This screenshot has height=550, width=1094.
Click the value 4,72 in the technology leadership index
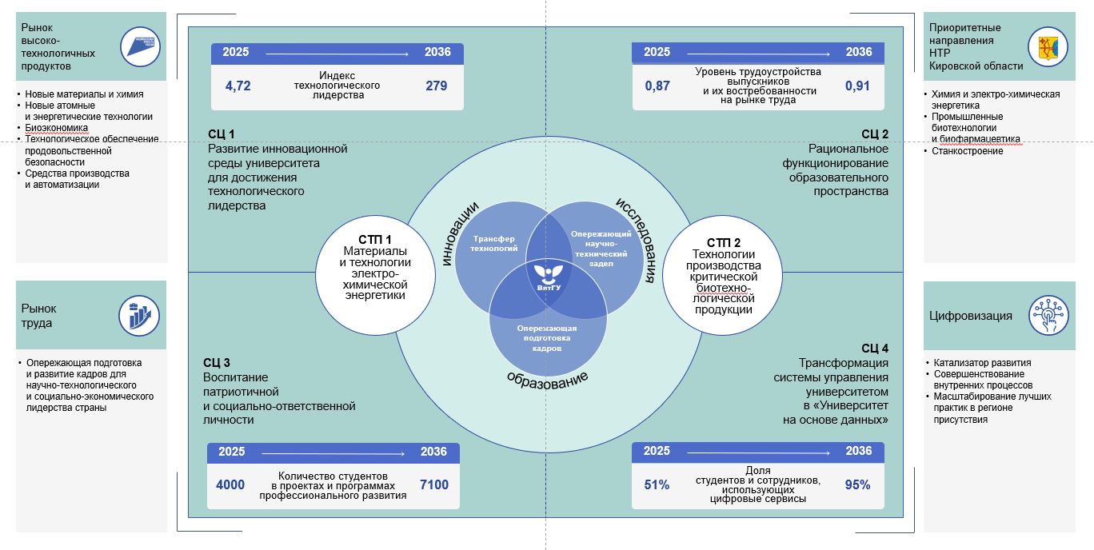(x=238, y=86)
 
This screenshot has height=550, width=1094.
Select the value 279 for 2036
(x=436, y=86)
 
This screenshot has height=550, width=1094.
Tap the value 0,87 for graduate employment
(x=657, y=86)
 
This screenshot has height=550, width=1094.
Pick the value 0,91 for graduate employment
(x=857, y=86)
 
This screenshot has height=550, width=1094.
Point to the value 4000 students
(x=230, y=484)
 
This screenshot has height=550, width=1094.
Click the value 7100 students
(x=434, y=484)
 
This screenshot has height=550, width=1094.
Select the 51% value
(x=657, y=484)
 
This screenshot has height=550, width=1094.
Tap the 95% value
(x=857, y=484)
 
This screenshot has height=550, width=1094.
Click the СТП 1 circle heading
(x=374, y=240)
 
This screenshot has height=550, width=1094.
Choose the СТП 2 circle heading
(x=723, y=242)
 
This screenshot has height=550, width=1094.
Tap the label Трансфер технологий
(x=493, y=244)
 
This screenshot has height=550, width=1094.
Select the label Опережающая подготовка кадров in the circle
(x=547, y=338)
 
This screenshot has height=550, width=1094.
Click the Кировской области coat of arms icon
(x=1048, y=47)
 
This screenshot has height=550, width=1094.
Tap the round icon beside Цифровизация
(x=1048, y=315)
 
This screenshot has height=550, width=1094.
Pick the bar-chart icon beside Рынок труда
(x=139, y=316)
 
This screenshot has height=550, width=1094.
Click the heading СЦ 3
(x=217, y=363)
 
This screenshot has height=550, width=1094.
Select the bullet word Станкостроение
(x=967, y=151)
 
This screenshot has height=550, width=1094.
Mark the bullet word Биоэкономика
(x=56, y=128)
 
